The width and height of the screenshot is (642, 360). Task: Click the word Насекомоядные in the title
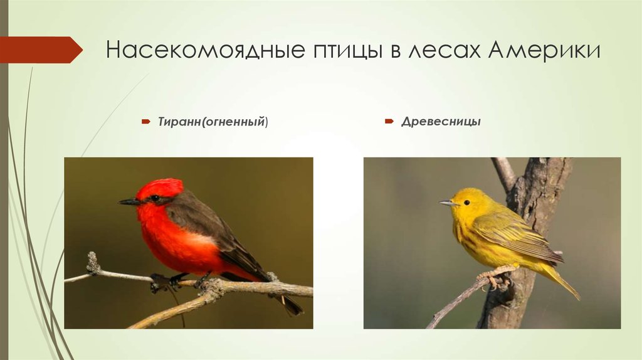[x=203, y=50]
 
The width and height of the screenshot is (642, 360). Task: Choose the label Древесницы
[x=441, y=121]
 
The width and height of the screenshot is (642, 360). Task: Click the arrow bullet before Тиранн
[x=144, y=121]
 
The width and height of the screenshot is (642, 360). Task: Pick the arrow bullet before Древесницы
[x=389, y=120]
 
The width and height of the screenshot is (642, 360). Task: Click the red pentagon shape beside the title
[x=40, y=50]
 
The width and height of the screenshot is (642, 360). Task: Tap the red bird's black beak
[x=129, y=202]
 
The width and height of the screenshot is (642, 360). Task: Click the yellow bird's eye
[x=466, y=202]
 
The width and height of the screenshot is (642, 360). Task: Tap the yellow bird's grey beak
[x=447, y=203]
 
